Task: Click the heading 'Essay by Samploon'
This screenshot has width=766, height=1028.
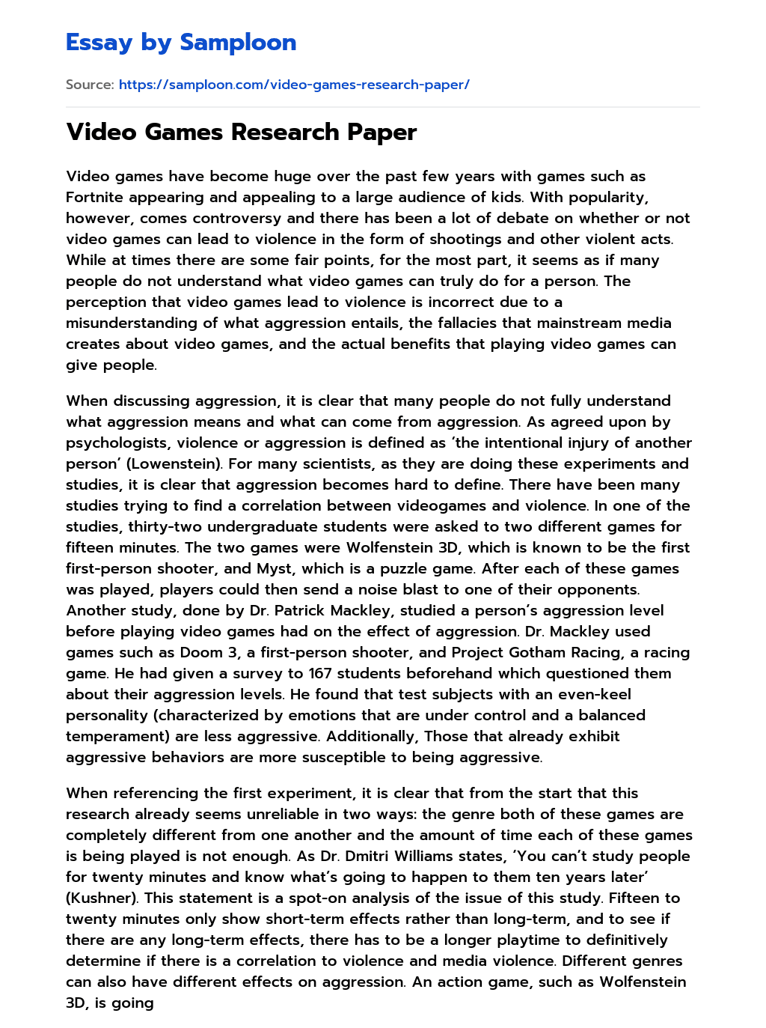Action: [x=181, y=43]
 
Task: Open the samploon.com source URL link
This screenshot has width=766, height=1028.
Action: [x=294, y=85]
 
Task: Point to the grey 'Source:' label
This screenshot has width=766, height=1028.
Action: [x=90, y=85]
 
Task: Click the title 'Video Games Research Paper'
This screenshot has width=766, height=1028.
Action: [x=241, y=133]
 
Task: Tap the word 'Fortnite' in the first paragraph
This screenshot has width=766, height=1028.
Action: [x=94, y=197]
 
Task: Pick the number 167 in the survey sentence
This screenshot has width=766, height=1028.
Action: [x=321, y=673]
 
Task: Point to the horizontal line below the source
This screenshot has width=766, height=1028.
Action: [x=383, y=107]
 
